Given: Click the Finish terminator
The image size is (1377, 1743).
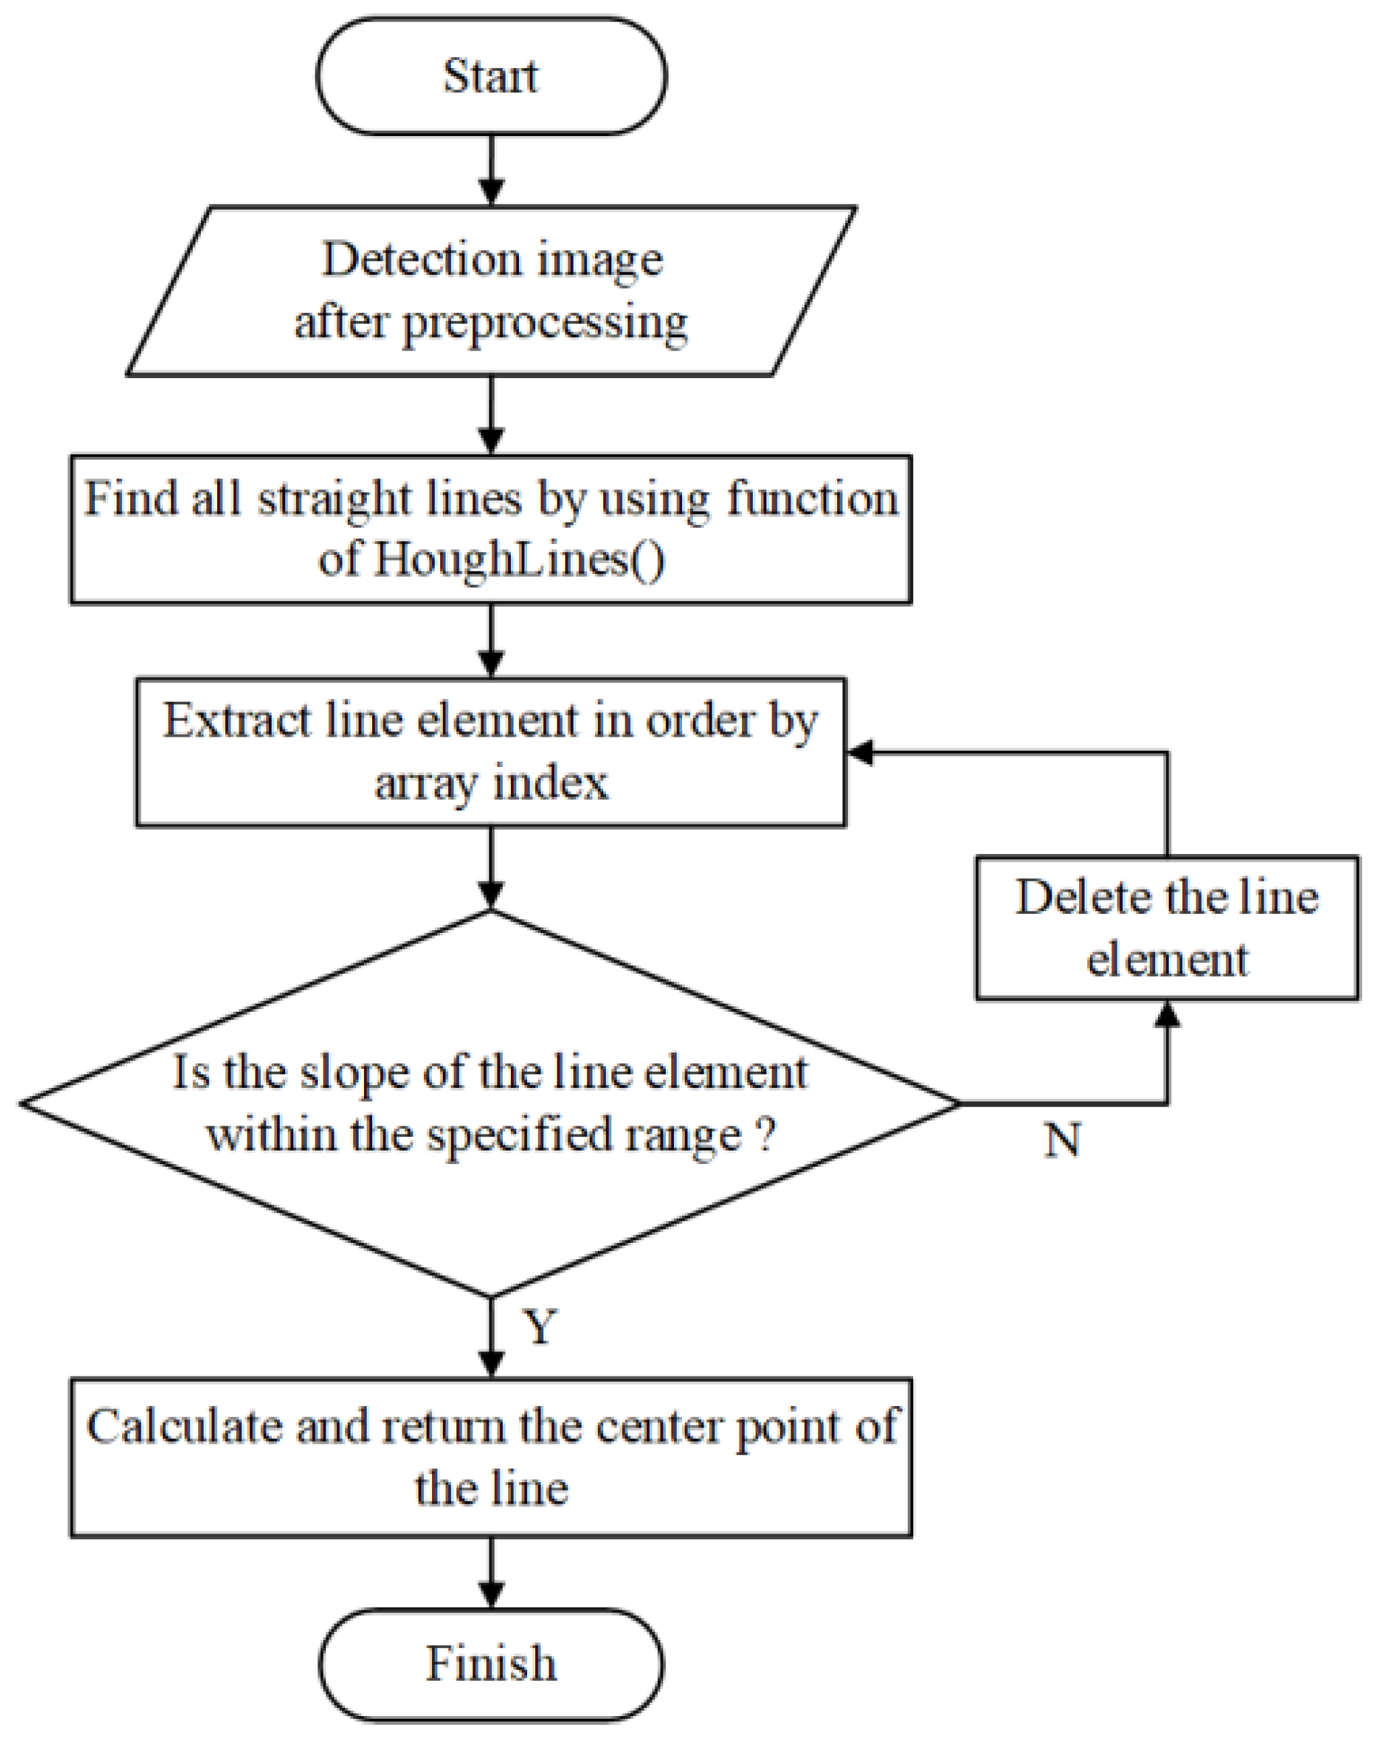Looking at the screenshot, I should [491, 1663].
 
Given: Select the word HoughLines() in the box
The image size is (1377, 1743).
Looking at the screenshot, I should [518, 559].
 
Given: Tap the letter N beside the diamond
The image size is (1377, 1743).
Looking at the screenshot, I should [1062, 1141].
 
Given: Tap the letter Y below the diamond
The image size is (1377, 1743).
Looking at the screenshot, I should [540, 1326].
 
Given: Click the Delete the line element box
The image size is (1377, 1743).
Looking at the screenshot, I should [1167, 928].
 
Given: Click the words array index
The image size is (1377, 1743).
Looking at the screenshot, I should [491, 782].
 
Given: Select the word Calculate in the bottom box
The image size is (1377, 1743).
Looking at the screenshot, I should [185, 1426].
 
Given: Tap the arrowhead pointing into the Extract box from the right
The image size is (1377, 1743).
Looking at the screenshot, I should [861, 753].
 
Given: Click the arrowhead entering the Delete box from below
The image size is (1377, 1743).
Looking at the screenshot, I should [1167, 1014].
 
